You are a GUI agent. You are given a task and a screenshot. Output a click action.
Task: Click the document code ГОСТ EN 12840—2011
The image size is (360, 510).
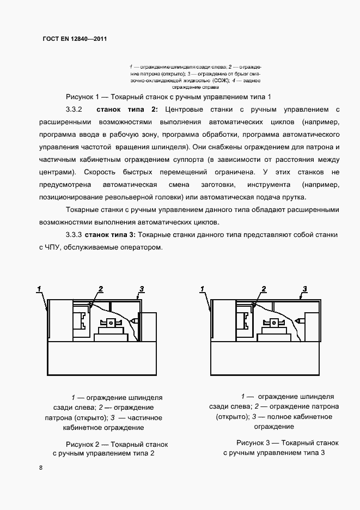(x=75, y=39)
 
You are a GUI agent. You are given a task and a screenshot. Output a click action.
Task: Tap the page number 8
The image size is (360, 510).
(x=41, y=468)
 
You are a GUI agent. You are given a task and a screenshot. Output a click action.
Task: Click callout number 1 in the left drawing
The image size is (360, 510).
(x=39, y=288)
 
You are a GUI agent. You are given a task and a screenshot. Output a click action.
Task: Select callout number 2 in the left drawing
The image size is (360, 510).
(x=101, y=289)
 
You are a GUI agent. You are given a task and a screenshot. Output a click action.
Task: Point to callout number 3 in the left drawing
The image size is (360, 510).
(x=141, y=289)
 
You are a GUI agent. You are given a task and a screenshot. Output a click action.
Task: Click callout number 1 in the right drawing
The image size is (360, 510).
(x=203, y=288)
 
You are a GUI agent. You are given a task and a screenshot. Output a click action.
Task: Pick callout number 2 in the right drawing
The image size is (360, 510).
(x=264, y=289)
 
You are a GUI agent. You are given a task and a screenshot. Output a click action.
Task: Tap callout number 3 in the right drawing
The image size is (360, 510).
(x=304, y=289)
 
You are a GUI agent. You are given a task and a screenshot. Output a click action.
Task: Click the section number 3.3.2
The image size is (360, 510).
(x=73, y=108)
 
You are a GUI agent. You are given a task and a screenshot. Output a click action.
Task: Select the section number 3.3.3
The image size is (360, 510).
(x=73, y=235)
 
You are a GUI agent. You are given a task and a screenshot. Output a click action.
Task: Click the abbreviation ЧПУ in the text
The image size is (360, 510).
(x=57, y=247)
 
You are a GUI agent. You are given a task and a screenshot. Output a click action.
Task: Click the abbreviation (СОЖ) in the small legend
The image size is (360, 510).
(x=216, y=80)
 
